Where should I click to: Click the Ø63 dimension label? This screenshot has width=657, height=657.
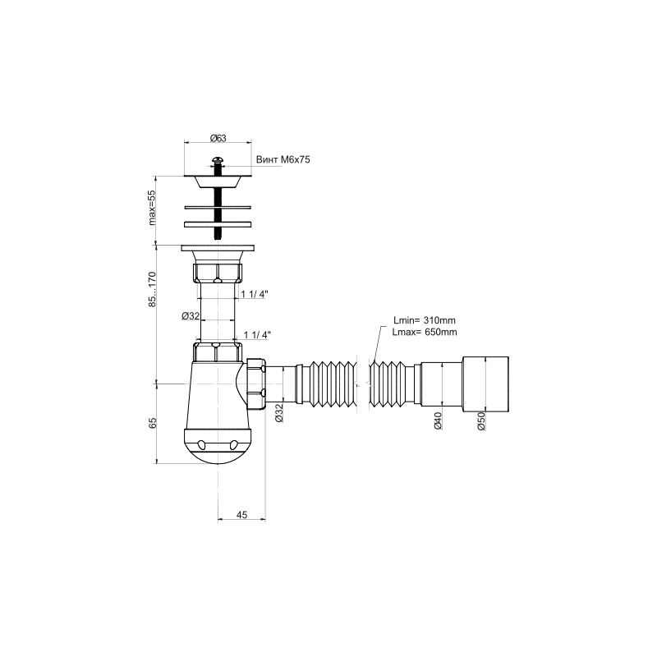click(218, 138)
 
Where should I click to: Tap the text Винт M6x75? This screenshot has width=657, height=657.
click(283, 159)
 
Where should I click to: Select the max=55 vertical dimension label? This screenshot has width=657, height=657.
click(151, 208)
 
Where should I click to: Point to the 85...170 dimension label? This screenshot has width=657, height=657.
click(152, 290)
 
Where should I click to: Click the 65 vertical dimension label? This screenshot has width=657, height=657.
click(153, 423)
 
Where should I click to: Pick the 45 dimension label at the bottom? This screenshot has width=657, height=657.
click(241, 515)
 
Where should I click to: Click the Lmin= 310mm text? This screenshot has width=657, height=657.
click(425, 320)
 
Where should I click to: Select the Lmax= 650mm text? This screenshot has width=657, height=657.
click(425, 333)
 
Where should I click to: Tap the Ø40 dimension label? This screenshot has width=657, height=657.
click(438, 420)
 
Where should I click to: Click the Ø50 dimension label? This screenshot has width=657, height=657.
click(481, 420)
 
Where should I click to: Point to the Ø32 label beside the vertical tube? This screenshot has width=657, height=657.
click(191, 316)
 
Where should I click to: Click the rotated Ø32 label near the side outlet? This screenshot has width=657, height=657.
click(279, 413)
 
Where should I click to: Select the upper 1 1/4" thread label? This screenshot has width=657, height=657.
click(255, 294)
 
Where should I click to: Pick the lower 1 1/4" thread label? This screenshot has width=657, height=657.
click(257, 335)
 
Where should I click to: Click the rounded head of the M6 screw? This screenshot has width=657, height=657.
click(217, 159)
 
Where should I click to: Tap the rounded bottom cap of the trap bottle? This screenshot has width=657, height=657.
click(218, 446)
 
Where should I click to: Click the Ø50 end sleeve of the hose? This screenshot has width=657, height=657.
click(485, 384)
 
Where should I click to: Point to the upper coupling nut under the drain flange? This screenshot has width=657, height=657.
click(218, 272)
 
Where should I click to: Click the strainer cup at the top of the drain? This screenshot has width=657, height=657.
click(218, 181)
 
